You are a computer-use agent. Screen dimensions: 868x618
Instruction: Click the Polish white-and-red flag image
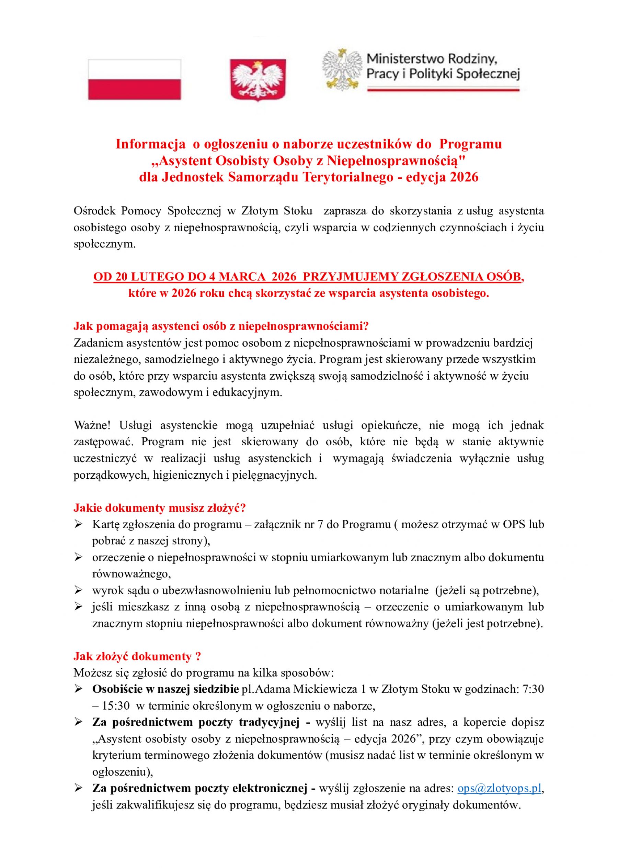click(134, 80)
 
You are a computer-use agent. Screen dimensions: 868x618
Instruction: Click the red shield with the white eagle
click(258, 79)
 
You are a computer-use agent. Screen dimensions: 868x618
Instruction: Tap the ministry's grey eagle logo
click(342, 70)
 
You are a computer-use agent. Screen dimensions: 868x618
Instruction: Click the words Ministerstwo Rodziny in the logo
click(432, 59)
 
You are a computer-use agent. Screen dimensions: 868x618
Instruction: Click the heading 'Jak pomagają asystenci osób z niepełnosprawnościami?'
click(221, 326)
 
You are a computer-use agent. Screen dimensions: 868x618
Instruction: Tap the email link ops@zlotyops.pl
click(499, 788)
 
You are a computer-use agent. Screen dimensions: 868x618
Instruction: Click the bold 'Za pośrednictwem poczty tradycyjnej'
click(196, 723)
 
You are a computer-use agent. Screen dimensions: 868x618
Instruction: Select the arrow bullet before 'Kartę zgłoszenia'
click(78, 524)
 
